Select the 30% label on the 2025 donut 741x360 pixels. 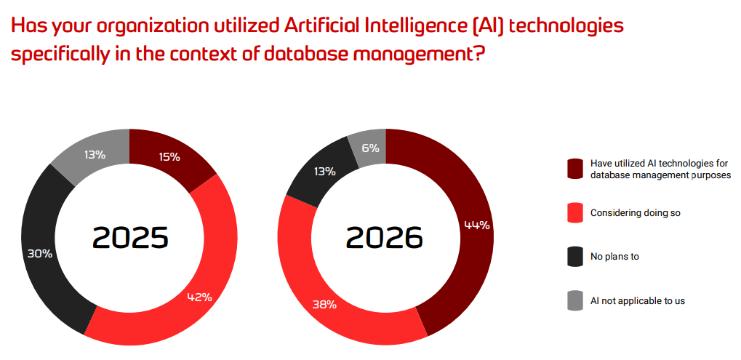[x=39, y=254]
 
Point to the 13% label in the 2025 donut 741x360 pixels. [x=95, y=154]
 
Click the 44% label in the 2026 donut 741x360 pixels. [x=477, y=225]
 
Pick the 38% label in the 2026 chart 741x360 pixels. [x=324, y=305]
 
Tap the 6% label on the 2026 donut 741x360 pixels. [x=370, y=148]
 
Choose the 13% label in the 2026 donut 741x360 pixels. [x=324, y=172]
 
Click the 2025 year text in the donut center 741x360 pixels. [x=130, y=238]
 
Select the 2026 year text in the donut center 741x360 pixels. [x=385, y=238]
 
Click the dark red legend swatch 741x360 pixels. [x=575, y=169]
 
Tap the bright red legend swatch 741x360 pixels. [x=575, y=213]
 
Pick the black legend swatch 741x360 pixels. [x=575, y=257]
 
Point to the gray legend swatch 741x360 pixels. [x=575, y=300]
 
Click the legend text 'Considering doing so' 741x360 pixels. [x=635, y=213]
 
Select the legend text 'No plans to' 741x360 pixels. [x=614, y=257]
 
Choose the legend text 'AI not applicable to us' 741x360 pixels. [x=637, y=300]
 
